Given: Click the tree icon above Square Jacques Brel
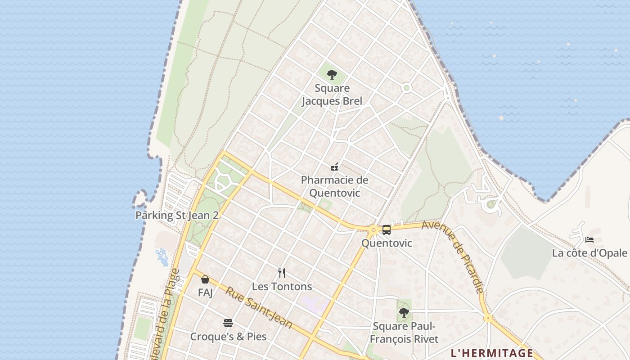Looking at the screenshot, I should pyautogui.click(x=332, y=75).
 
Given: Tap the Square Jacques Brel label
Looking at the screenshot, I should pyautogui.click(x=332, y=94).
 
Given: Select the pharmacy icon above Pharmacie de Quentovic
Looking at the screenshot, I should pyautogui.click(x=334, y=167).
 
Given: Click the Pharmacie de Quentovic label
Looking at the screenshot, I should pyautogui.click(x=334, y=186).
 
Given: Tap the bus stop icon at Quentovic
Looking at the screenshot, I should pyautogui.click(x=387, y=230).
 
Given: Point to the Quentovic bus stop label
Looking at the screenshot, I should pyautogui.click(x=387, y=243).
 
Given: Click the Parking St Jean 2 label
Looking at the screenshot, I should pyautogui.click(x=177, y=215).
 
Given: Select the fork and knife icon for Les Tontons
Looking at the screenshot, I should pyautogui.click(x=282, y=273).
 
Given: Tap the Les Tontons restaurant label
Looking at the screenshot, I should pyautogui.click(x=282, y=286).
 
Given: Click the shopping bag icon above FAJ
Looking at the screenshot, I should pyautogui.click(x=205, y=279).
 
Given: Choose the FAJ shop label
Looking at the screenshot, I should pyautogui.click(x=205, y=292).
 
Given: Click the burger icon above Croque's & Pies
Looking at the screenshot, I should pyautogui.click(x=228, y=323).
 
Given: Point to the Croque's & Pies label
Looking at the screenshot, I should pyautogui.click(x=228, y=337).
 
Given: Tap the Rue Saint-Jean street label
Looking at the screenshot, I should pyautogui.click(x=259, y=308).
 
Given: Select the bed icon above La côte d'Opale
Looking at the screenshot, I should pyautogui.click(x=589, y=239).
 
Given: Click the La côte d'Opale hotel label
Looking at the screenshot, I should pyautogui.click(x=589, y=253).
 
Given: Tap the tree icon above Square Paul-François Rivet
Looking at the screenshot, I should pyautogui.click(x=404, y=312).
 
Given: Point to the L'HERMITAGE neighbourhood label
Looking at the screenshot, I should pyautogui.click(x=492, y=353).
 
